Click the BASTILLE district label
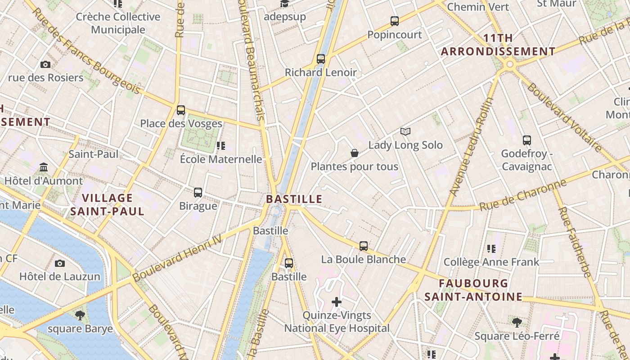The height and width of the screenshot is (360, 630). [294, 199]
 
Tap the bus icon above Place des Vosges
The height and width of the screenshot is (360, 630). [181, 110]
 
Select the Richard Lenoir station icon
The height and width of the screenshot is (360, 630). [321, 58]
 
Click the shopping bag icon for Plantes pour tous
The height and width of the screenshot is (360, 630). [355, 153]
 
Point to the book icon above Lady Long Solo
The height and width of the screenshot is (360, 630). [405, 131]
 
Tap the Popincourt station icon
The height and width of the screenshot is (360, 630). [395, 21]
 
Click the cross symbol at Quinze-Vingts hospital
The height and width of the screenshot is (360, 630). [337, 301]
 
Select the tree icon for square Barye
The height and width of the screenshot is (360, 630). [80, 315]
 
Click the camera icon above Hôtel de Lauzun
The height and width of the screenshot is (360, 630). [60, 263]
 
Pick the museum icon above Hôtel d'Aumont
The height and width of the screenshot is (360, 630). [44, 167]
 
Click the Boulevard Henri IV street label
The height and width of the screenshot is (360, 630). [177, 258]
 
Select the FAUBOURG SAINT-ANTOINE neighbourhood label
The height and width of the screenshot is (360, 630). [473, 290]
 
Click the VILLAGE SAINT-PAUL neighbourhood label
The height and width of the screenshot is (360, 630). [108, 204]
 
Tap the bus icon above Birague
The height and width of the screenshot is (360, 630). [198, 193]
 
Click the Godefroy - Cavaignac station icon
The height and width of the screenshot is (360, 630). [527, 140]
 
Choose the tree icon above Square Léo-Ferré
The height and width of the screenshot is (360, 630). [517, 322]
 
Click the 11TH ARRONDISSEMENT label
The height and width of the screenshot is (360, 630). [498, 45]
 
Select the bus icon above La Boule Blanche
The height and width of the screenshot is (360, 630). [364, 246]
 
